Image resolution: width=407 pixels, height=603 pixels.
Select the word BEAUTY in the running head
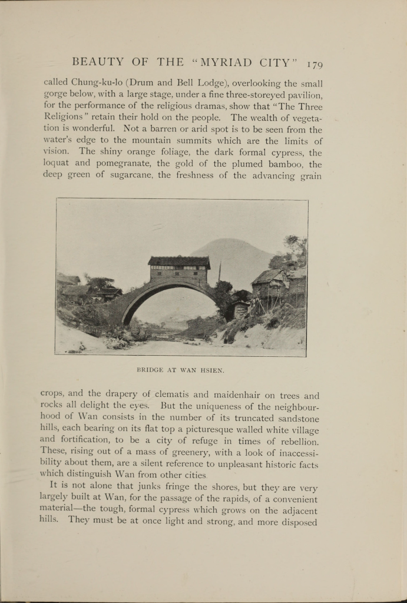coord(98,62)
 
